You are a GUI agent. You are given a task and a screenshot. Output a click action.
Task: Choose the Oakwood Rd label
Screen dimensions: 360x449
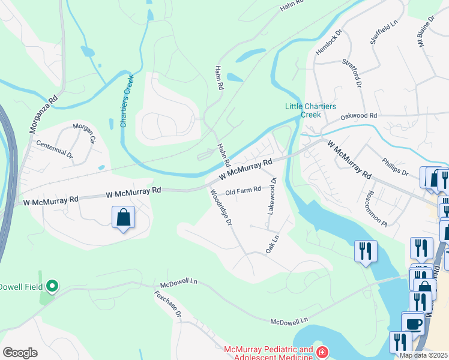358,115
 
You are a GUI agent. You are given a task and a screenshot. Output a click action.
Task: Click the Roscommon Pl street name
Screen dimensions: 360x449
376,209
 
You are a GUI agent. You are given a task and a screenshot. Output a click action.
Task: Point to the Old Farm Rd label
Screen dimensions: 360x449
243,191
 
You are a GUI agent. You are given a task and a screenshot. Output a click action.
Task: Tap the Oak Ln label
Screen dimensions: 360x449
273,243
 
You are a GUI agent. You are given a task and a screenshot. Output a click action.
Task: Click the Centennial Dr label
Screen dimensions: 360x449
54,149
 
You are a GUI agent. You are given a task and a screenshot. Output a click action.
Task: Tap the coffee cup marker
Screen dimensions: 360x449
412,323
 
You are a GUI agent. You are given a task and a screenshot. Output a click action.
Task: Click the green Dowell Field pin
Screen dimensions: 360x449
52,287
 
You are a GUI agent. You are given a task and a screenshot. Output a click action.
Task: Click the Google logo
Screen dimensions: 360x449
20,353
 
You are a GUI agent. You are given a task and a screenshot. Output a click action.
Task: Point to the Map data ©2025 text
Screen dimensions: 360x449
423,355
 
